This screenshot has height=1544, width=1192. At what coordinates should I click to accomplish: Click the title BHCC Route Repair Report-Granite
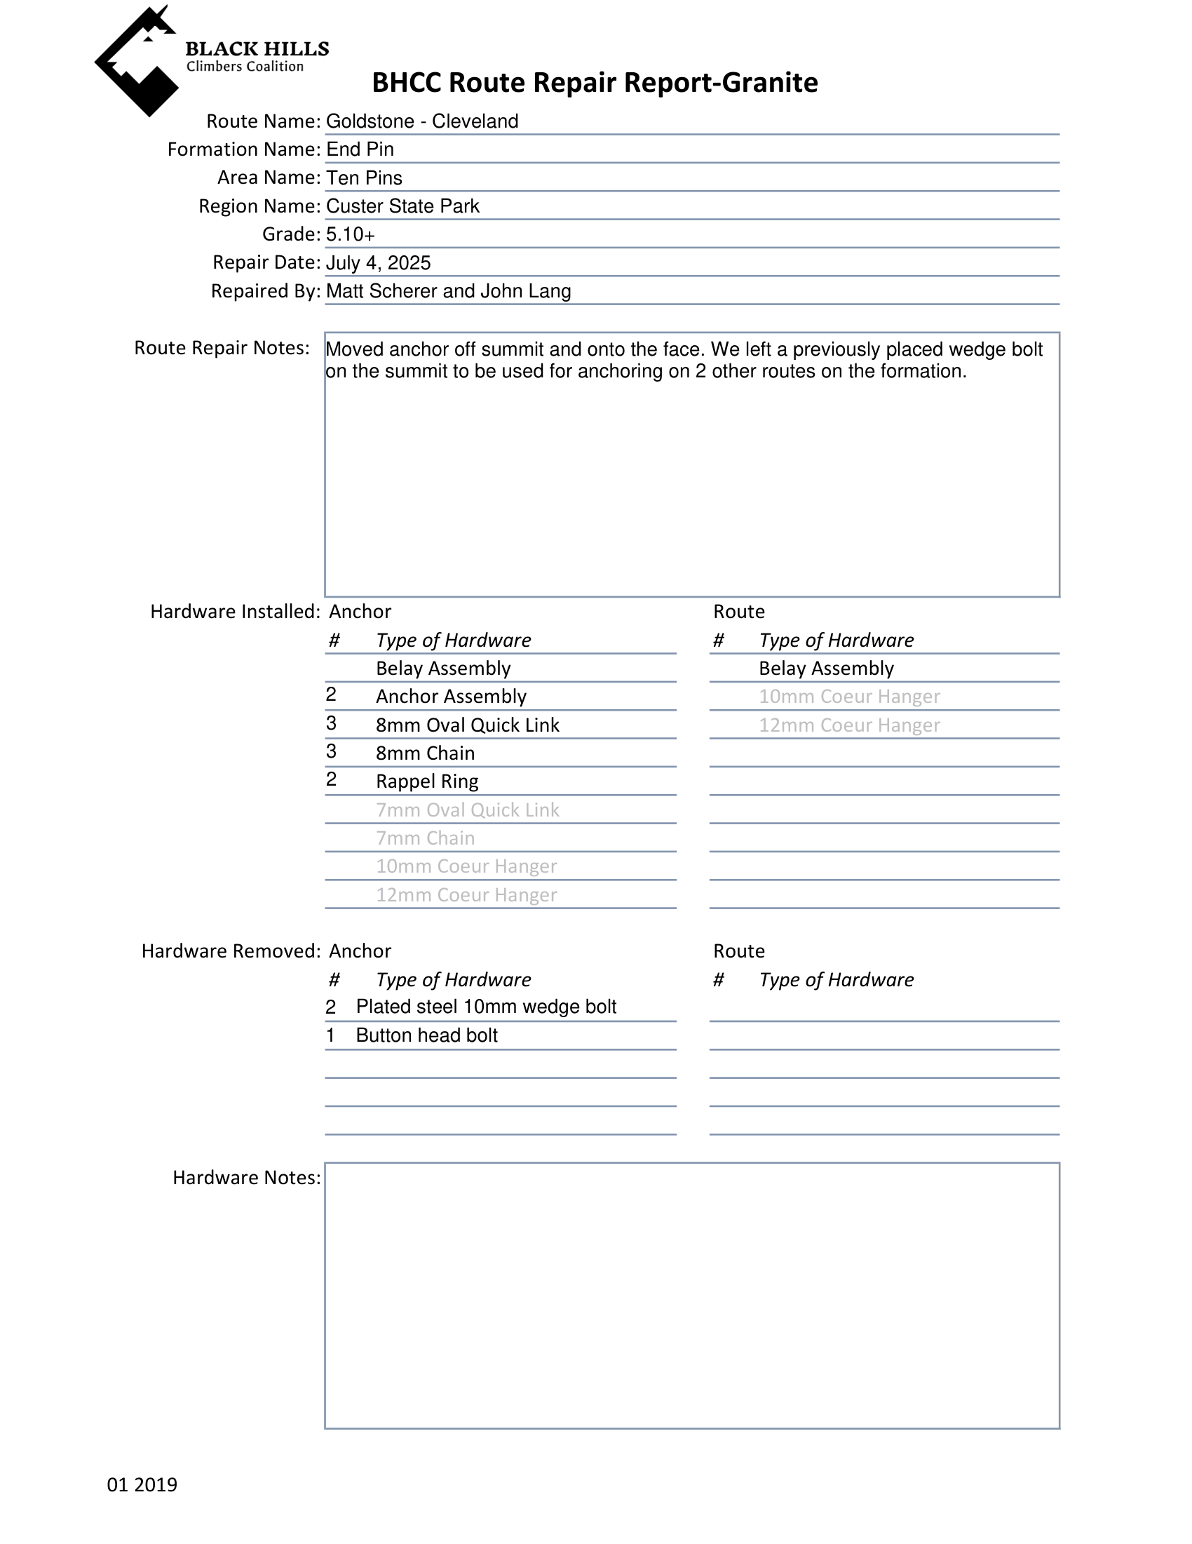[594, 83]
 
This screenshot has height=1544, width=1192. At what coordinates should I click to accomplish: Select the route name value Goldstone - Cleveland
[422, 121]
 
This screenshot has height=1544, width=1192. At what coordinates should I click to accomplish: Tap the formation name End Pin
[360, 149]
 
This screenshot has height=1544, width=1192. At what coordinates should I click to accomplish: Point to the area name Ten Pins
[364, 177]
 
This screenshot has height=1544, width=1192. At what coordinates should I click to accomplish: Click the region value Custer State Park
[402, 206]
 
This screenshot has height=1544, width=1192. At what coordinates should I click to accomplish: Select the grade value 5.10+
[351, 234]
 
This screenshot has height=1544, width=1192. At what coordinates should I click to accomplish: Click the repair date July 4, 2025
[378, 263]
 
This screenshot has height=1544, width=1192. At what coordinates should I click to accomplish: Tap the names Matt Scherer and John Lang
[448, 291]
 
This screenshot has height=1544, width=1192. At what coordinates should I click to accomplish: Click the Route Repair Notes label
[222, 348]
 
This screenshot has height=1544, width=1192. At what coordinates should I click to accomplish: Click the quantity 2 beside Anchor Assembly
[331, 695]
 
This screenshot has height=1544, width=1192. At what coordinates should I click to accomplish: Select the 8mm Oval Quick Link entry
[467, 725]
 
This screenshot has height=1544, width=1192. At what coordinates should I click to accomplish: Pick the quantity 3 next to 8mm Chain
[331, 751]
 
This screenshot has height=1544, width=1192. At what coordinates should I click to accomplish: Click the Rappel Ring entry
[427, 781]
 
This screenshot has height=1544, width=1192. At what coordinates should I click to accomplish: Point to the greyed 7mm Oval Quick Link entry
[467, 810]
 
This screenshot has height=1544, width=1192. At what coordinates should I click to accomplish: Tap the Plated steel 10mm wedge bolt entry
[485, 1007]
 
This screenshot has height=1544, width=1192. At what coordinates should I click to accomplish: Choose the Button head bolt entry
[426, 1035]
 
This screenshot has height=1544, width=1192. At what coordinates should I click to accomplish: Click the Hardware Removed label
[231, 951]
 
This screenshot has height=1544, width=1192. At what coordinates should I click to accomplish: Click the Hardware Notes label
[246, 1178]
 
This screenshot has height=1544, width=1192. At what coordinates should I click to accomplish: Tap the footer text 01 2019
[142, 1484]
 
